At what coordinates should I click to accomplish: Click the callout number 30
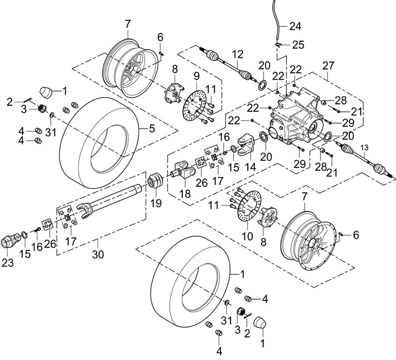tap(98, 254)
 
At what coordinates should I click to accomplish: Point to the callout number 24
tap(295, 27)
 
